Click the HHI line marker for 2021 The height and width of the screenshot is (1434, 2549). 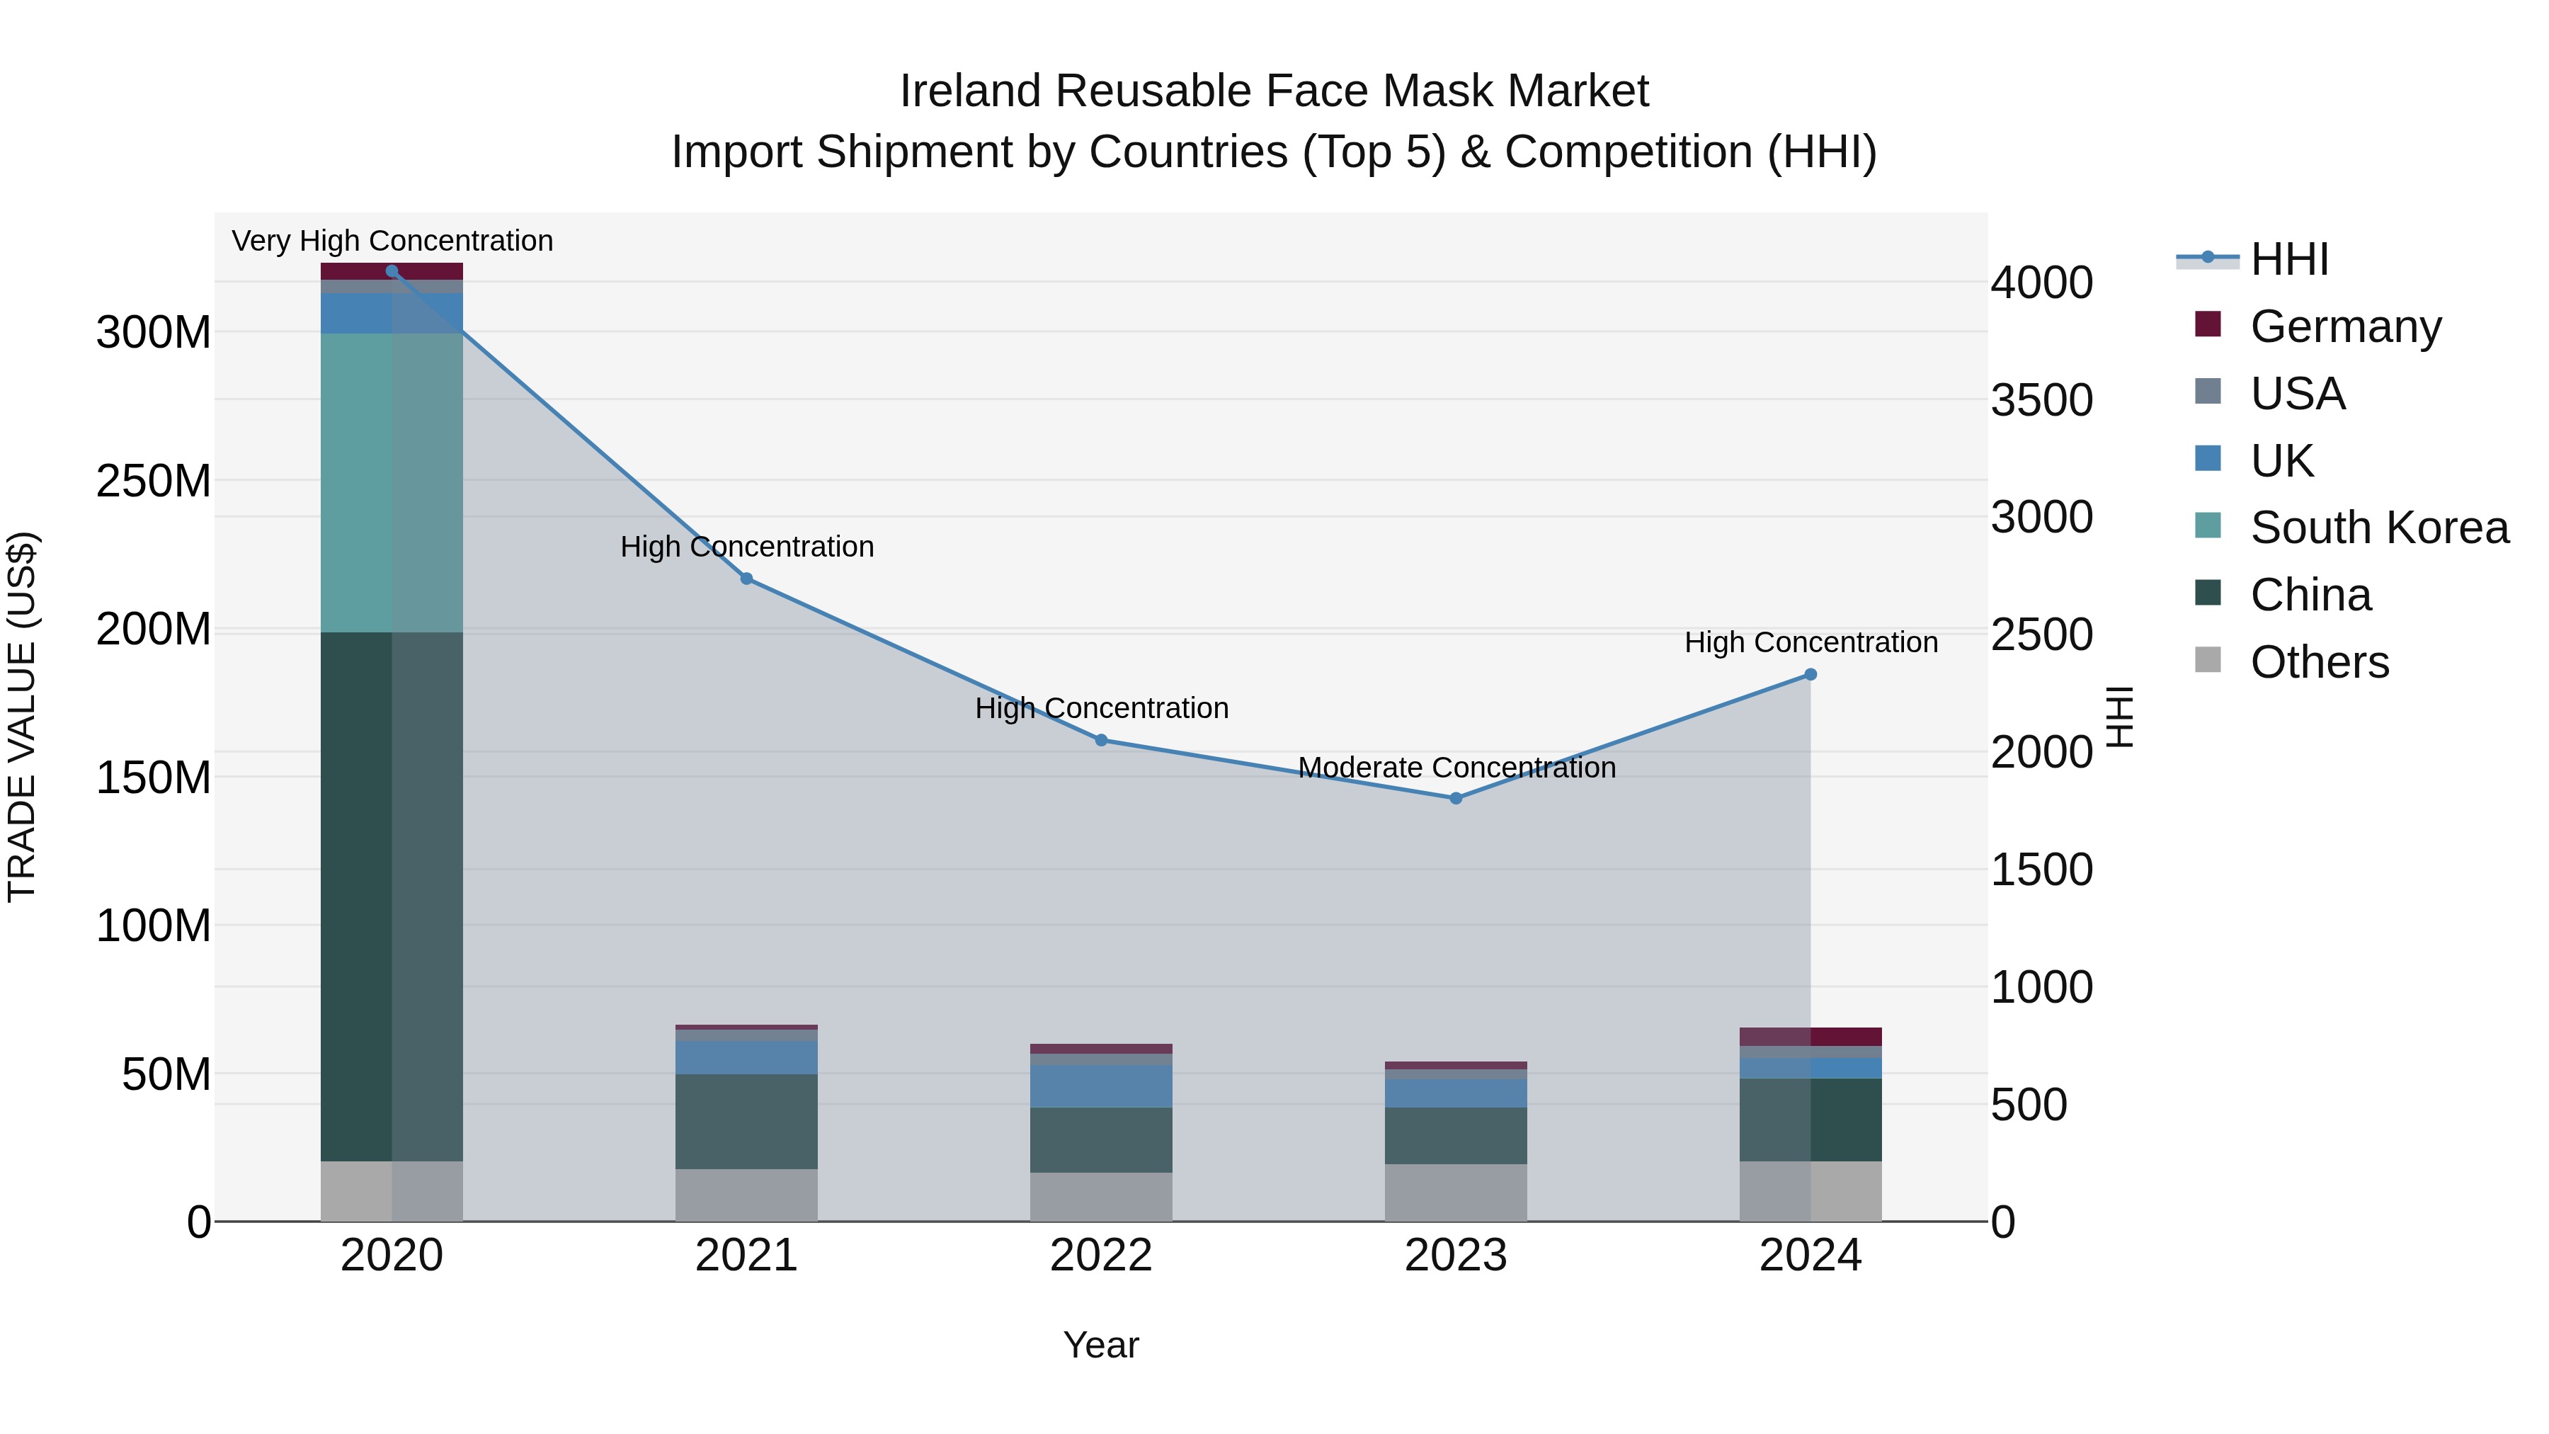tap(746, 579)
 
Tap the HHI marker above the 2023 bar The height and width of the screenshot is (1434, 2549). tap(1456, 797)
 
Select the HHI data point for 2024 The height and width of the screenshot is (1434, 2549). tap(1810, 675)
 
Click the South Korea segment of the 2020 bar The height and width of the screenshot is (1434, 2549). tap(391, 483)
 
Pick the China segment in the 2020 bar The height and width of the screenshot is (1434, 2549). tap(391, 896)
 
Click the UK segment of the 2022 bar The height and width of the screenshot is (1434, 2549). tap(1100, 1086)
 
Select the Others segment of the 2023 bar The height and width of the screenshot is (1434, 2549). tap(1456, 1193)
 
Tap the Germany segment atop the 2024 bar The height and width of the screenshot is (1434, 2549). tap(1810, 1036)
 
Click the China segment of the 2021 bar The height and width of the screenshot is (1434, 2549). tap(746, 1121)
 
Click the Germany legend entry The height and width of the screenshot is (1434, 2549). tap(2344, 326)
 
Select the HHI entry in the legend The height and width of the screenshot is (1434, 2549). tap(2288, 259)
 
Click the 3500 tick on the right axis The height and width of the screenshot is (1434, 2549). tap(2041, 401)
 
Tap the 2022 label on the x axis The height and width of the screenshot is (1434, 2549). tap(1100, 1256)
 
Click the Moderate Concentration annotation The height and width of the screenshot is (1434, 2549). tap(1456, 768)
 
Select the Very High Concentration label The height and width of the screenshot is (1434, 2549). tap(392, 241)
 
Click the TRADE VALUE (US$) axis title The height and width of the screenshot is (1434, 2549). tap(22, 717)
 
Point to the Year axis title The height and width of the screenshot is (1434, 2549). tap(1100, 1345)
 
